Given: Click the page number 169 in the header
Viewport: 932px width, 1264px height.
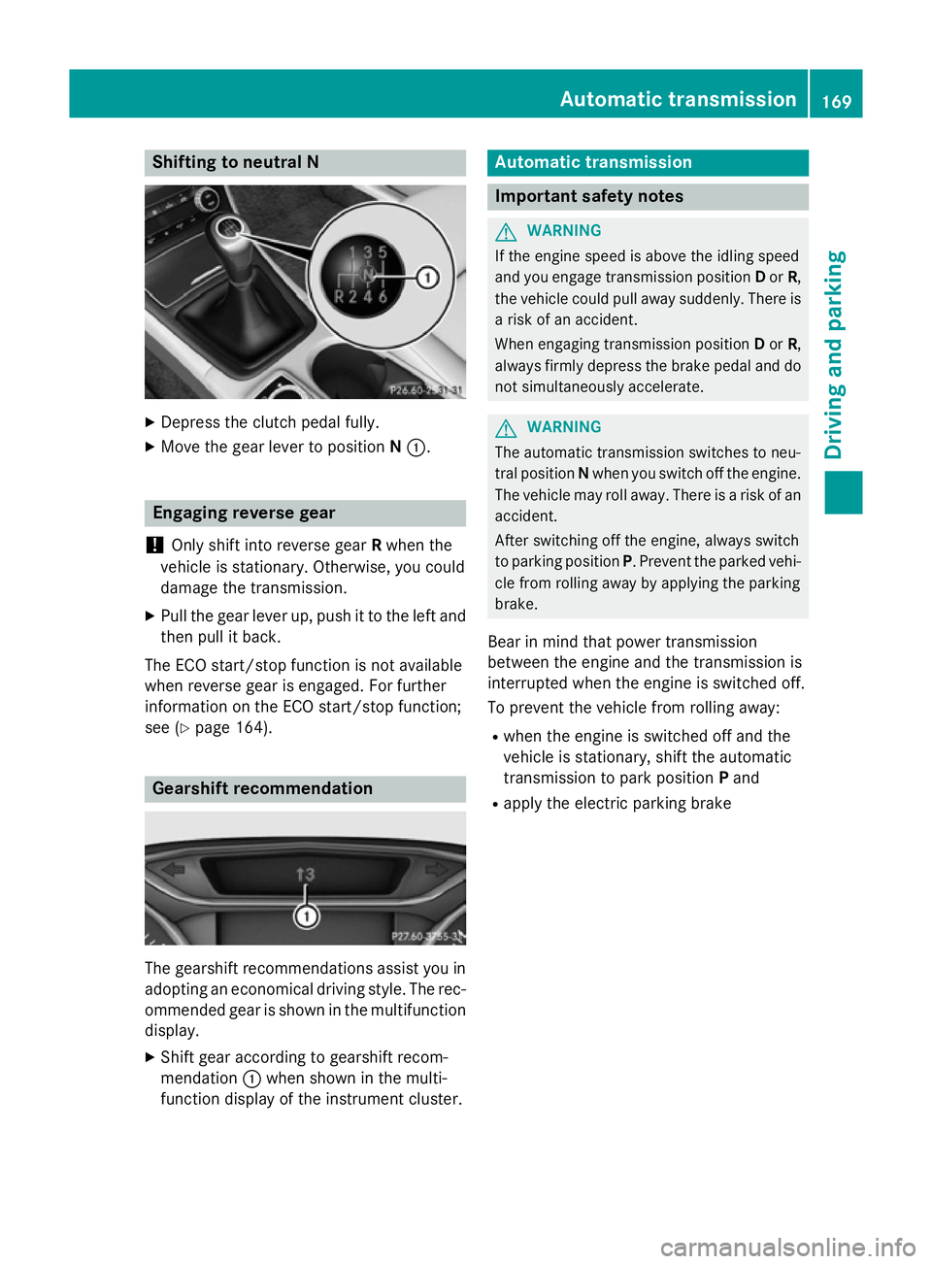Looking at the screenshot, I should click(x=836, y=101).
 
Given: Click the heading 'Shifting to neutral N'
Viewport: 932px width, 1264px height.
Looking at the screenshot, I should click(x=235, y=162).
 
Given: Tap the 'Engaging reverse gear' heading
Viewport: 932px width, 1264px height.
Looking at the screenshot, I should click(x=244, y=513).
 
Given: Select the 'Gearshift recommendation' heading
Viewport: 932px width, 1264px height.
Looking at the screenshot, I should click(x=262, y=788).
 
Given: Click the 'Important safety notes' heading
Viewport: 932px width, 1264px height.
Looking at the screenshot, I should click(x=588, y=196).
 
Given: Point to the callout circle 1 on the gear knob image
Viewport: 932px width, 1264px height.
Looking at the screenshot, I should click(x=427, y=278).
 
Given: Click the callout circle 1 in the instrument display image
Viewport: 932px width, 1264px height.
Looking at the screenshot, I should click(x=307, y=915).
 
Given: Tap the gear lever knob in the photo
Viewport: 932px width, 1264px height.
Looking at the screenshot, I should click(x=229, y=229).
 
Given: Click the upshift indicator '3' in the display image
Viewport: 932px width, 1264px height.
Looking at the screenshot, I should click(x=306, y=875).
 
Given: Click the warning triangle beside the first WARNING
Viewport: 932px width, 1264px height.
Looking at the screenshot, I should click(x=506, y=231).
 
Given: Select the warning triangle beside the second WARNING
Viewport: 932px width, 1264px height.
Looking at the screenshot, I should click(x=506, y=427).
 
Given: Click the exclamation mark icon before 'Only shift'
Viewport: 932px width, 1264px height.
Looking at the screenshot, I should click(x=153, y=546).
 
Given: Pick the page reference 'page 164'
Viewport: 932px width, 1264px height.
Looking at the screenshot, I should click(x=231, y=727).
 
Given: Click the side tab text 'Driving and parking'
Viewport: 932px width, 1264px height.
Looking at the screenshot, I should click(x=835, y=354).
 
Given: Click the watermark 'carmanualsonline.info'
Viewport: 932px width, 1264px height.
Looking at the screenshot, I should click(x=787, y=1247).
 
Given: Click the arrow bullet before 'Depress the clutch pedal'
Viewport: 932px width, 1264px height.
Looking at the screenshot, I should click(x=150, y=422).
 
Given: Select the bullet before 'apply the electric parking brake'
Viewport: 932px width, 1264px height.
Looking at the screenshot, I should click(x=495, y=804).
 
